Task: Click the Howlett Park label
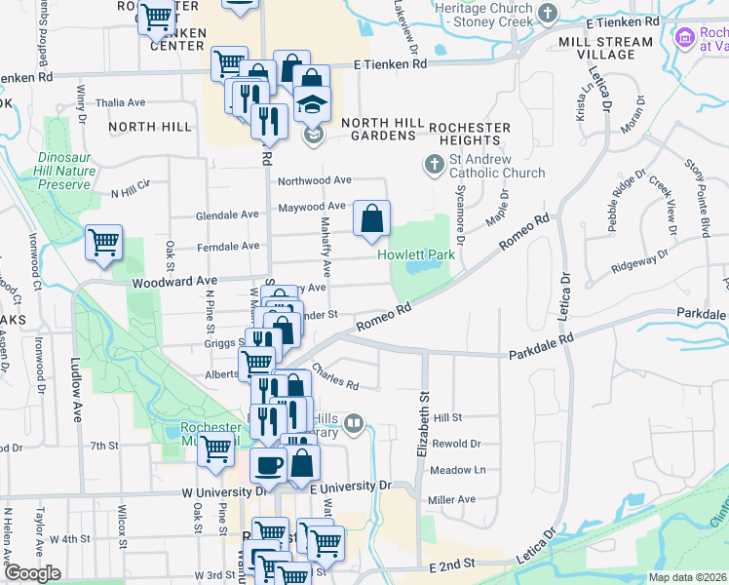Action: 416,254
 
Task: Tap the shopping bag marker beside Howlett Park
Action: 371,220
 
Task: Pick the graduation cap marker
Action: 313,104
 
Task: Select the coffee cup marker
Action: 268,464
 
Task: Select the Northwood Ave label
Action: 314,180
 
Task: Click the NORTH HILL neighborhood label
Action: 151,127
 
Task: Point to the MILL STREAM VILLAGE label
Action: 606,48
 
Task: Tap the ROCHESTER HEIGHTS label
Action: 470,134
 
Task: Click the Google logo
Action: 32,573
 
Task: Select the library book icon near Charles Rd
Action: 354,424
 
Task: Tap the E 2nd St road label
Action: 451,564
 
